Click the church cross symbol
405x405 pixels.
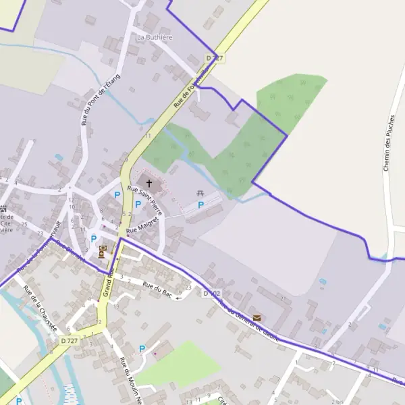pos(149,183)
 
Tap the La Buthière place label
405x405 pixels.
pos(155,36)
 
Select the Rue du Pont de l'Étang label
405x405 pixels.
pos(100,99)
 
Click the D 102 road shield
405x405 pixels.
pos(212,294)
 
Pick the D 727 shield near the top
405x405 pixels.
pos(214,59)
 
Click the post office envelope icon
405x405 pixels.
pos(256,317)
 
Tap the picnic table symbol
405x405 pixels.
pos(200,194)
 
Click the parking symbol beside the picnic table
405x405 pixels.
pos(200,205)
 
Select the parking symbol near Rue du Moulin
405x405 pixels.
pos(142,349)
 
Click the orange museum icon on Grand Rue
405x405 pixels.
pos(103,252)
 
